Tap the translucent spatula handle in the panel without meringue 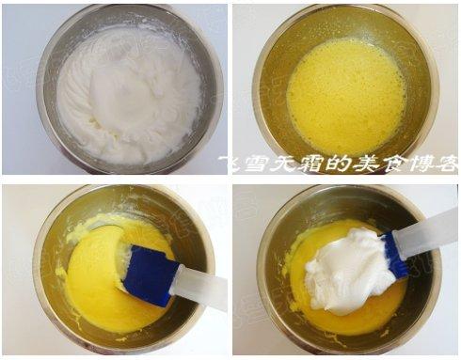(200, 288)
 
